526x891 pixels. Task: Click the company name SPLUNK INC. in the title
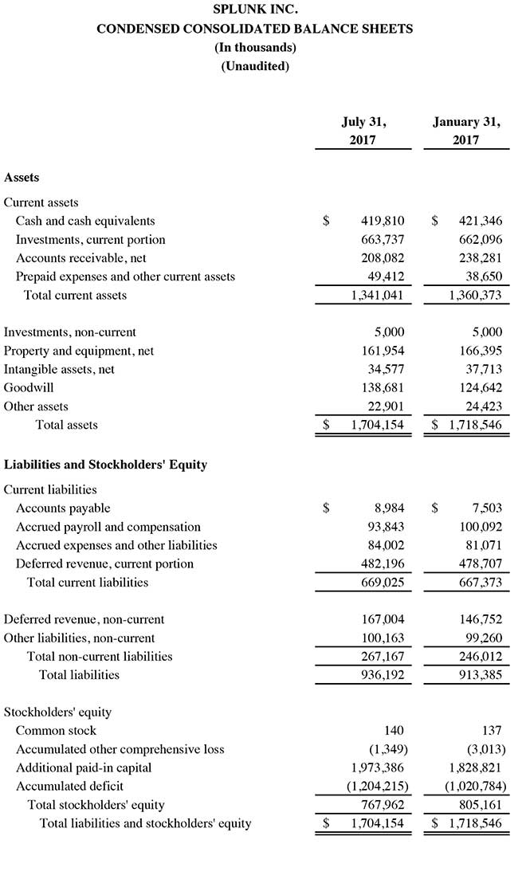click(255, 10)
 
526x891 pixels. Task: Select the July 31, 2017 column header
click(363, 131)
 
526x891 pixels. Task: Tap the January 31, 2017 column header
click(466, 131)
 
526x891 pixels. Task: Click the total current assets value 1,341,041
click(377, 296)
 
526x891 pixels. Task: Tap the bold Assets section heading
click(22, 178)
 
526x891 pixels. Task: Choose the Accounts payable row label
click(63, 508)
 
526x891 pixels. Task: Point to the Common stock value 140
click(393, 731)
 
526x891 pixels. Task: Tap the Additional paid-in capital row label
click(84, 768)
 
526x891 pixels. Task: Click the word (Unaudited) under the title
click(255, 66)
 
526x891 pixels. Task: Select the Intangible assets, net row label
click(59, 370)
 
